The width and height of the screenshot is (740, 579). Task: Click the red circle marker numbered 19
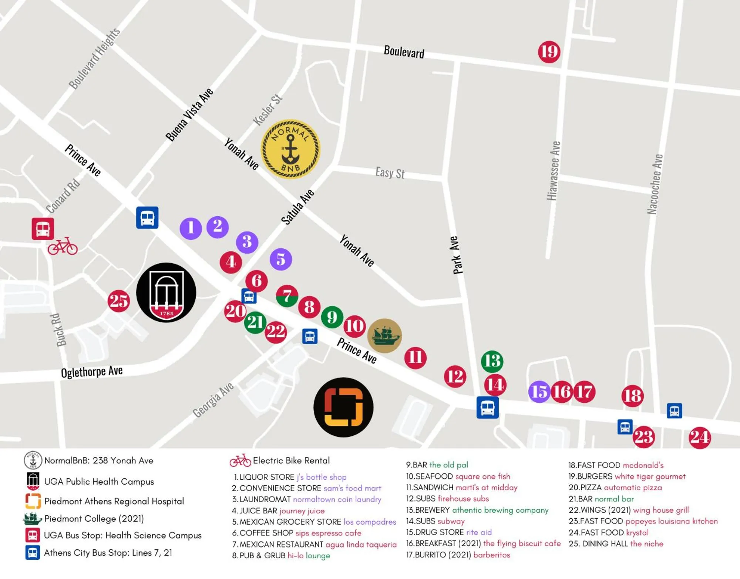(549, 52)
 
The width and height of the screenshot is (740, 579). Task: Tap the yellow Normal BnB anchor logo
(290, 149)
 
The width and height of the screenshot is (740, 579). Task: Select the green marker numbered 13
(492, 361)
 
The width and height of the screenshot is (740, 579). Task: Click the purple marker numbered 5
(281, 259)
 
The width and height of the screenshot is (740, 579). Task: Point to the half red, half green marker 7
(287, 296)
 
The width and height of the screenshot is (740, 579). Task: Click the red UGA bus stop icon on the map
(43, 229)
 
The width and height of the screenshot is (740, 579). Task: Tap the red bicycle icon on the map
(63, 247)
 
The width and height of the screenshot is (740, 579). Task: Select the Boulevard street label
(404, 52)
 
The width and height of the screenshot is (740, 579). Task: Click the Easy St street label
(390, 173)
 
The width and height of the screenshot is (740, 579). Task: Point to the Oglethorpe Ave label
(92, 372)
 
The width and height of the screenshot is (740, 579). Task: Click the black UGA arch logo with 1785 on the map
(166, 292)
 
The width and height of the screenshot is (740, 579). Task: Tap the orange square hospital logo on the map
(343, 407)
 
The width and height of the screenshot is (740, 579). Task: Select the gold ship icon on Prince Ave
(384, 335)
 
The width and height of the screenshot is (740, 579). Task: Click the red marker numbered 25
(118, 301)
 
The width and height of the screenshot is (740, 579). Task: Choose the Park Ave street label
(457, 255)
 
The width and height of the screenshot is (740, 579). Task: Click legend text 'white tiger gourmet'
(650, 476)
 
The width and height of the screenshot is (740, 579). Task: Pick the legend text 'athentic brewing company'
(500, 510)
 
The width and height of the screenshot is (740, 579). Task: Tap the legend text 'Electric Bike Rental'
(291, 461)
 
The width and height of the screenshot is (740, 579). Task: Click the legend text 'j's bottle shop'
(321, 477)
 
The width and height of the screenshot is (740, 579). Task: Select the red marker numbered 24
(699, 438)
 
